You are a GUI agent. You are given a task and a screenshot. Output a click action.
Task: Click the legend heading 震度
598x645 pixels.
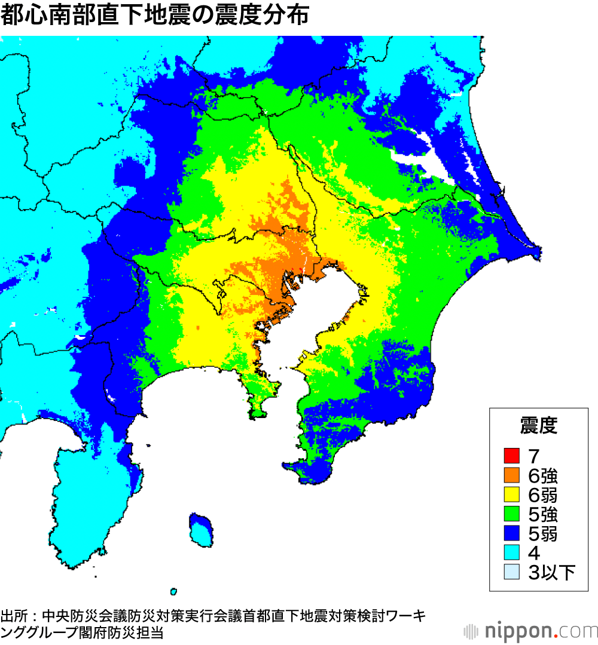[x=538, y=426]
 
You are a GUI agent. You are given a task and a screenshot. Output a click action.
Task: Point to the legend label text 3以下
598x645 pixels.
[x=551, y=572]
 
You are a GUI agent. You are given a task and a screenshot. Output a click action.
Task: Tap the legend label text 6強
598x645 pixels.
[x=543, y=475]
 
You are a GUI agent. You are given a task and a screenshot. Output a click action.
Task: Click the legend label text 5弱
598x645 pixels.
[x=543, y=533]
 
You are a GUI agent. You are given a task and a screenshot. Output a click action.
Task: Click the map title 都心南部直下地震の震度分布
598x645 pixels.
[x=154, y=16]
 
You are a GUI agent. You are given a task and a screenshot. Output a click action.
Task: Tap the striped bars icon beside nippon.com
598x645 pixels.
[x=471, y=631]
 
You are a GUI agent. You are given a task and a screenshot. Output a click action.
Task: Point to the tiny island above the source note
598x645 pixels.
[x=173, y=592]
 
